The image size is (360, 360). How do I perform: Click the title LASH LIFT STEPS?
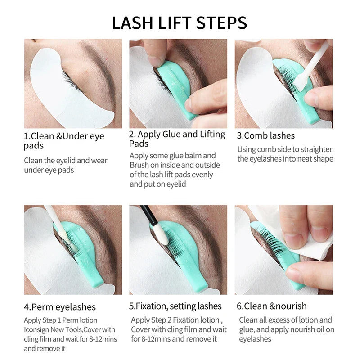click(180, 22)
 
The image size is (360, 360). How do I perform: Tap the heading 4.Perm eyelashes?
click(60, 307)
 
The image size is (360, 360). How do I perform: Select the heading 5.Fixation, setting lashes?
click(175, 306)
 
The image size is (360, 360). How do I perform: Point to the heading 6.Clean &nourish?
click(272, 306)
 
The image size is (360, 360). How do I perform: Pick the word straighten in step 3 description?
click(315, 149)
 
